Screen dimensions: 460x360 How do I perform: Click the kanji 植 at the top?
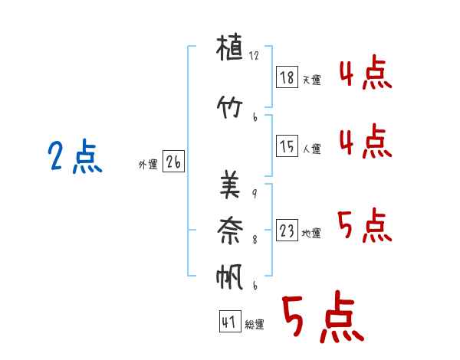(x=229, y=47)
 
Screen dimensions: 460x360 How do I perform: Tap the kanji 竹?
(x=229, y=107)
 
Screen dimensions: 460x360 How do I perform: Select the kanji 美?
(x=230, y=184)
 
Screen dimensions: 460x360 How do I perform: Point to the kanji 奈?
(x=230, y=231)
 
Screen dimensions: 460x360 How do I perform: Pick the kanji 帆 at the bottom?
(x=229, y=277)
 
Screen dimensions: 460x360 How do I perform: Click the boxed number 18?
(x=287, y=77)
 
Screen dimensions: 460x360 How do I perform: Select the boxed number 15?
(x=287, y=146)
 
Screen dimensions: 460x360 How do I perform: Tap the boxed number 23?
(x=287, y=230)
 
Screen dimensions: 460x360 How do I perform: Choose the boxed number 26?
(x=173, y=162)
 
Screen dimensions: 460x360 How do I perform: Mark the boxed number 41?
(x=230, y=321)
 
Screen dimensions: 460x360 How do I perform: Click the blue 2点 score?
(x=75, y=156)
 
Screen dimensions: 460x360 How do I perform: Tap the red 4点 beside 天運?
(x=366, y=72)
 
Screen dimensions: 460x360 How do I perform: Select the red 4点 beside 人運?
(x=366, y=141)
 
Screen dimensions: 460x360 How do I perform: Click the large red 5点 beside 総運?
(x=324, y=316)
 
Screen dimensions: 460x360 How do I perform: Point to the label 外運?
(x=148, y=165)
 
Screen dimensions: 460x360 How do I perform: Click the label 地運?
(x=311, y=234)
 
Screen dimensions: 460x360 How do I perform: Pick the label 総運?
(x=255, y=325)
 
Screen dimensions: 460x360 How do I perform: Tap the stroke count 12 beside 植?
(x=254, y=55)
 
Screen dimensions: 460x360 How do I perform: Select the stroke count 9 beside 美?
(x=255, y=194)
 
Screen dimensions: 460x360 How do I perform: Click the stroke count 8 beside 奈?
(x=255, y=240)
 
